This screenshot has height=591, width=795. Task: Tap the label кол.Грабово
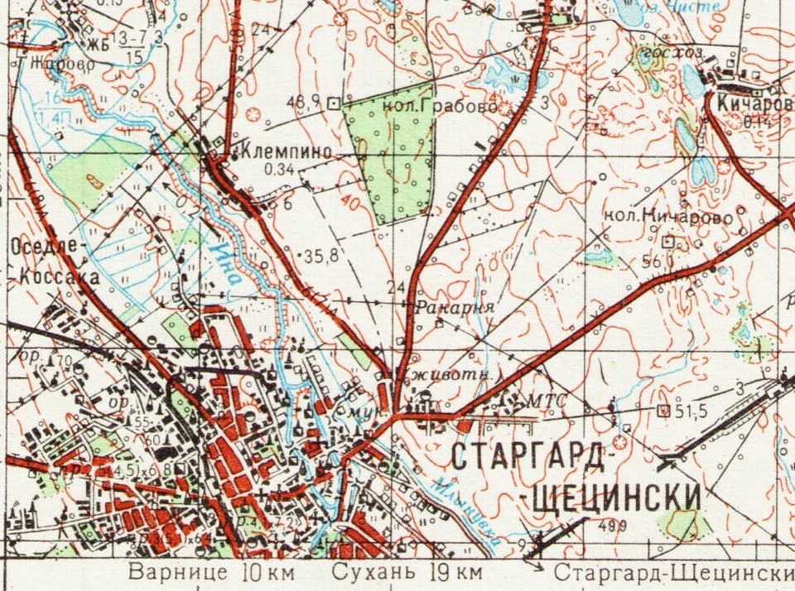[x=440, y=107]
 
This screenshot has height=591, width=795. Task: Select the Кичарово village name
[x=754, y=103]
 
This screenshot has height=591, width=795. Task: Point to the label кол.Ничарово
[x=668, y=217]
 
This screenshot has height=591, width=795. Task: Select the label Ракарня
[x=453, y=307]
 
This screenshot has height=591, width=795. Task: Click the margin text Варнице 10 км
[x=210, y=573]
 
